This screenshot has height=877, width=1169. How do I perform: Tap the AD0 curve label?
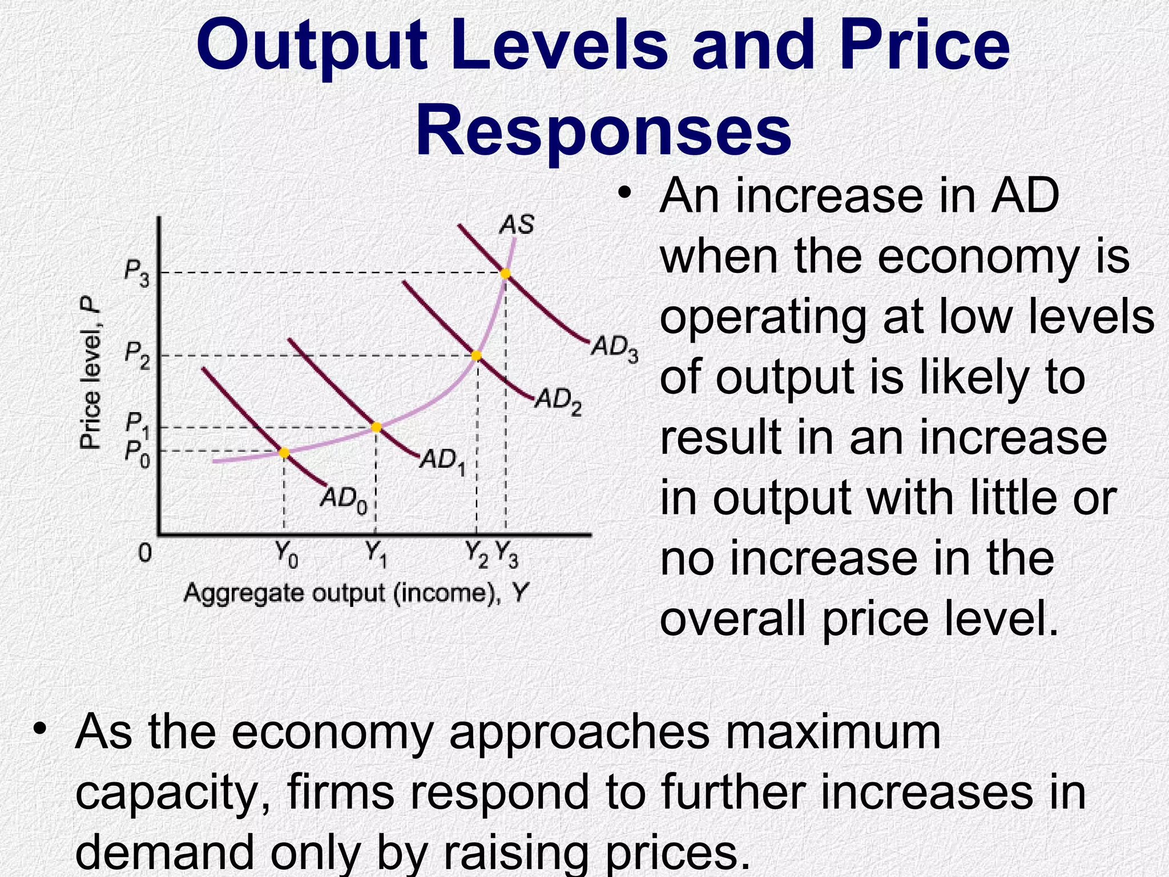pos(343,500)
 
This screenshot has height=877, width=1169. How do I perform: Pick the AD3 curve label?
pos(614,348)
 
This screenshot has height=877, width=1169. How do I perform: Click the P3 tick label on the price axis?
pos(137,275)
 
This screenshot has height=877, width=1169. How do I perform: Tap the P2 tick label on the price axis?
pos(137,356)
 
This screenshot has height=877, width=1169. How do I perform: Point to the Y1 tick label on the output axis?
pos(376,554)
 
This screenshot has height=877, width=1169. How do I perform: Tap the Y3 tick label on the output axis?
pos(507,554)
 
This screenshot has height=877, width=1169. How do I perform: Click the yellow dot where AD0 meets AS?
pos(284,453)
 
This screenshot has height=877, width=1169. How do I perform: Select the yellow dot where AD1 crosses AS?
pos(376,427)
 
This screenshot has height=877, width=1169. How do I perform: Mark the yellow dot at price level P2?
pos(477,356)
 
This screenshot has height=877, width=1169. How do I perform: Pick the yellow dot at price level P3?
pos(505,273)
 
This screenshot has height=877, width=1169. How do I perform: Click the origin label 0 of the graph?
pos(146,553)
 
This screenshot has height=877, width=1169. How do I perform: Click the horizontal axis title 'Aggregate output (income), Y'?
pos(356,593)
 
